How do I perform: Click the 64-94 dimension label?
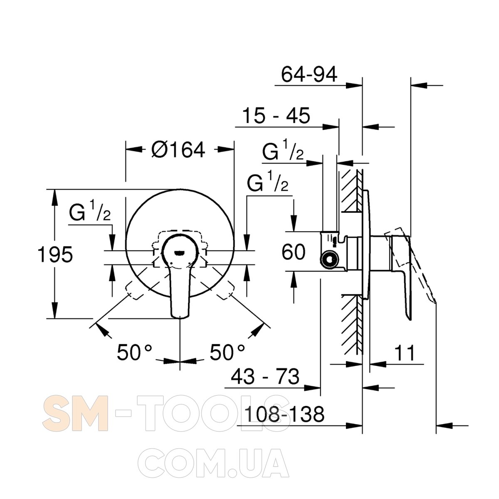click(309, 74)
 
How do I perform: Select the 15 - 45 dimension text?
click(276, 116)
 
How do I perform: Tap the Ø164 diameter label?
click(178, 150)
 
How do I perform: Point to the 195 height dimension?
click(55, 254)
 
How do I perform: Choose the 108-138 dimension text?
click(284, 414)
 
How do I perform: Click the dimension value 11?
click(404, 353)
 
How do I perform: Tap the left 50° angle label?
click(134, 353)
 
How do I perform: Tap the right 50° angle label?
click(227, 353)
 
